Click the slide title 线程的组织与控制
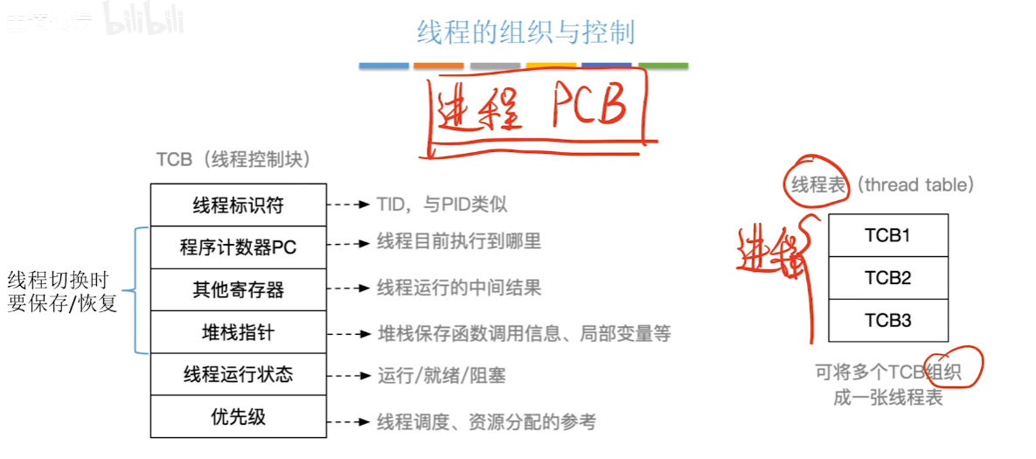tap(525, 32)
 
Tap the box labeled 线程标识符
tap(238, 205)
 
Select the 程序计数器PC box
tap(238, 247)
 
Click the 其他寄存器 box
tap(238, 289)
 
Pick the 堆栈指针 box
tap(238, 332)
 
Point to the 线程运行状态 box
tap(238, 374)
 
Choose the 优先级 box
tap(238, 417)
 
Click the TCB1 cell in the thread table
tap(887, 235)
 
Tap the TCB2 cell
tap(887, 278)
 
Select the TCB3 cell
tap(887, 320)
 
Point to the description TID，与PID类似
tap(442, 205)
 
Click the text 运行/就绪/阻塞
tap(441, 376)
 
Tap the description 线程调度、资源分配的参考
tap(486, 422)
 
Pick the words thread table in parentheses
tap(914, 184)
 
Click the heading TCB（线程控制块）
tap(233, 160)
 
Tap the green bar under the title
tap(663, 66)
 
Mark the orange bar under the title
tap(439, 66)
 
